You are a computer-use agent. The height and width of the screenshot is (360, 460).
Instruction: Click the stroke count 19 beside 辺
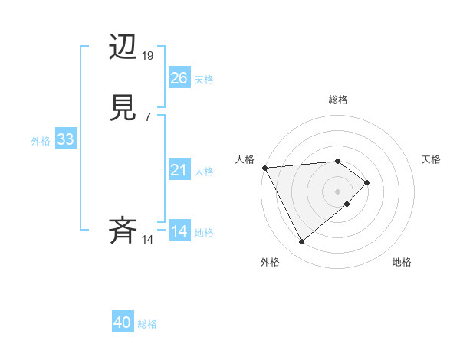click(148, 56)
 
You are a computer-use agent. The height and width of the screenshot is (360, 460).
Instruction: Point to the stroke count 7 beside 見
click(148, 117)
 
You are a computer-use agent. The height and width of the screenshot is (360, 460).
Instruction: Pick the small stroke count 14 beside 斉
click(148, 240)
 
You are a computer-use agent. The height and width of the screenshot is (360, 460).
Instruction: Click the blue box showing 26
click(179, 78)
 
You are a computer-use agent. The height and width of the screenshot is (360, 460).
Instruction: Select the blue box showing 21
click(179, 170)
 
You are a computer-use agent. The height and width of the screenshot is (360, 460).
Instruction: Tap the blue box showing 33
click(65, 139)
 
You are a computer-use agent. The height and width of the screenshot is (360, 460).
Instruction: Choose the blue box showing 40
click(123, 323)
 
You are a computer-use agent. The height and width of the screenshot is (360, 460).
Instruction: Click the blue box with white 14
click(179, 231)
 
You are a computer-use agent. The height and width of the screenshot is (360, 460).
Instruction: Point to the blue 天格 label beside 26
click(204, 79)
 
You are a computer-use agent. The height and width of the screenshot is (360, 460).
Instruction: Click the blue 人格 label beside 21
click(204, 171)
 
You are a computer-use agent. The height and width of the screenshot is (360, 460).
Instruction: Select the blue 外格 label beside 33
click(41, 140)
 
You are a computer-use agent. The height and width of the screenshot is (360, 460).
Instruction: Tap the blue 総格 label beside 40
click(147, 324)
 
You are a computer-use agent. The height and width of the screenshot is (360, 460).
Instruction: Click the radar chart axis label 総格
click(338, 100)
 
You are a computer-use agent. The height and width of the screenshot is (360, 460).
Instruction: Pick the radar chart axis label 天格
click(432, 159)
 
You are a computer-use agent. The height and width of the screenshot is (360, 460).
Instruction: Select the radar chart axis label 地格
click(402, 262)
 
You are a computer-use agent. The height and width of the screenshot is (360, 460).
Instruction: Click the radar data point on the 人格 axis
click(264, 167)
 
